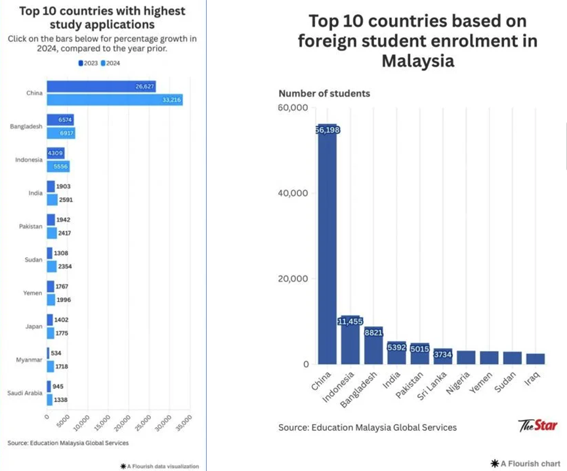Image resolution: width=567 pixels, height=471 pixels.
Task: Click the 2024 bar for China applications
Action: click(114, 100)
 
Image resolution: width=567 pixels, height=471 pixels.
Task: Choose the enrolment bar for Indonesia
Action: click(350, 340)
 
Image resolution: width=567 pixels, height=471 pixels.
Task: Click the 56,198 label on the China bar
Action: click(327, 130)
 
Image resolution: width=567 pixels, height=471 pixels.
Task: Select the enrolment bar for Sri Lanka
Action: click(443, 356)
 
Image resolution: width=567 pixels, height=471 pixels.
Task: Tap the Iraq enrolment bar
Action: click(535, 359)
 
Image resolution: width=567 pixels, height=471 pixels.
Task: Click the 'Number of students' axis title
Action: click(324, 93)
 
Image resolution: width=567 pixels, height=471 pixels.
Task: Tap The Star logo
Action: click(537, 425)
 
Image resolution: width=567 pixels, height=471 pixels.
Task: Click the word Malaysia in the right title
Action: click(417, 61)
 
